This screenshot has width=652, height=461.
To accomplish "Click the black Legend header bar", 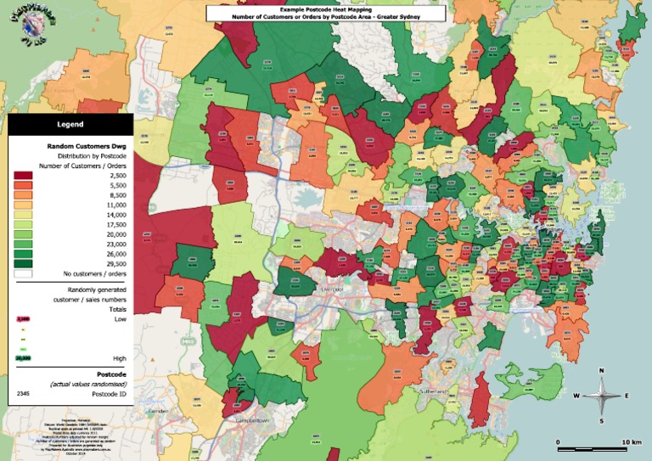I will coord(70,124).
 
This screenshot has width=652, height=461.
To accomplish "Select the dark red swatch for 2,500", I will coord(23,175).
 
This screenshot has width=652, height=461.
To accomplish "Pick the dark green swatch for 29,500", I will coord(23,262).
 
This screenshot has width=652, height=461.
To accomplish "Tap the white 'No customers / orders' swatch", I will coord(23,273).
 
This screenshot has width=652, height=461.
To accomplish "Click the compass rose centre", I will coord(601,395).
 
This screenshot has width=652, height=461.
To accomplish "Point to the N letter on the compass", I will coord(601,370).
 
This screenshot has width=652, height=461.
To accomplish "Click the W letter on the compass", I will coord(576,396).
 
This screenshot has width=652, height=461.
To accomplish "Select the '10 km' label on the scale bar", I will coord(630,442).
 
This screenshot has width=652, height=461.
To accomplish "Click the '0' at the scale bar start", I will coord(559,442).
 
